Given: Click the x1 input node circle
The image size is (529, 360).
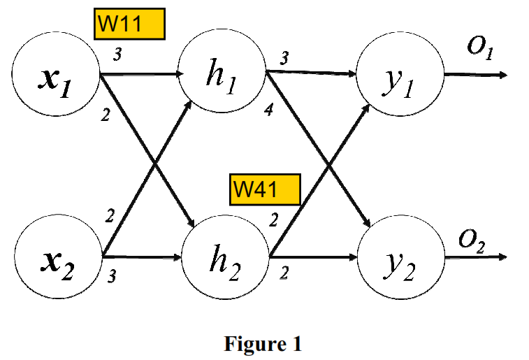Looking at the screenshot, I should pyautogui.click(x=56, y=76).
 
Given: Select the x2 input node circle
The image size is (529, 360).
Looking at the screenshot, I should pyautogui.click(x=56, y=259).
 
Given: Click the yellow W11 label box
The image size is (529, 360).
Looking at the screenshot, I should pyautogui.click(x=129, y=24).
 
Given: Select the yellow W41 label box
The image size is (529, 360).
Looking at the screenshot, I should pyautogui.click(x=265, y=189).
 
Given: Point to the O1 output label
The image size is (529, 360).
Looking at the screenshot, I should pyautogui.click(x=481, y=51).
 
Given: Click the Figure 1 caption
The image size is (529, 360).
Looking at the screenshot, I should pyautogui.click(x=263, y=344).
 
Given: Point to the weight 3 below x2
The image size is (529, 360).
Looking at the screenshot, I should pyautogui.click(x=111, y=278).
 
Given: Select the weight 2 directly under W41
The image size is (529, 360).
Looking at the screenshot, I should pyautogui.click(x=273, y=220).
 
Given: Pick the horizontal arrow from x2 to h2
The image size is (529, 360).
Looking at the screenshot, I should pyautogui.click(x=143, y=257).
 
